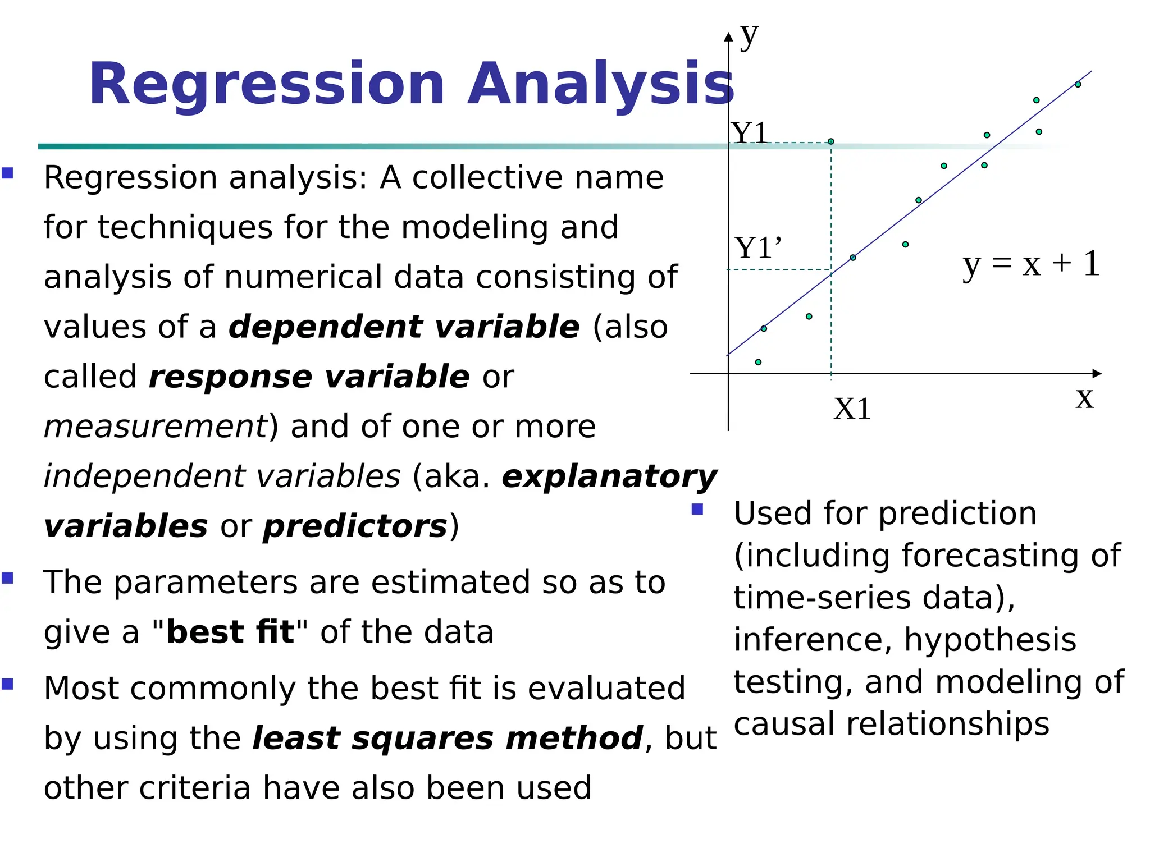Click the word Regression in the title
[x=267, y=84]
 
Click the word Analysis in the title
[x=601, y=84]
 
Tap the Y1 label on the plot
[x=750, y=134]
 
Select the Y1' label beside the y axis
[x=757, y=248]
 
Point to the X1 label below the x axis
[x=852, y=409]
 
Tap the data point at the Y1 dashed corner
[x=831, y=141]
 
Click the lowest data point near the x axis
[x=758, y=362]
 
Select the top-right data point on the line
[x=1078, y=85]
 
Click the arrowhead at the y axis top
[x=728, y=37]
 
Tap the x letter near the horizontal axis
[x=1084, y=398]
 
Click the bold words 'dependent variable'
[x=404, y=327]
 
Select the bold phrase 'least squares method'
[x=448, y=738]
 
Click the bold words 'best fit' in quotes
[x=230, y=632]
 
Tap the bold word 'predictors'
[x=355, y=526]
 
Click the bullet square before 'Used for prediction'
[x=697, y=509]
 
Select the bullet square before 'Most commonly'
[x=7, y=684]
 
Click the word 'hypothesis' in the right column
[x=989, y=640]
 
